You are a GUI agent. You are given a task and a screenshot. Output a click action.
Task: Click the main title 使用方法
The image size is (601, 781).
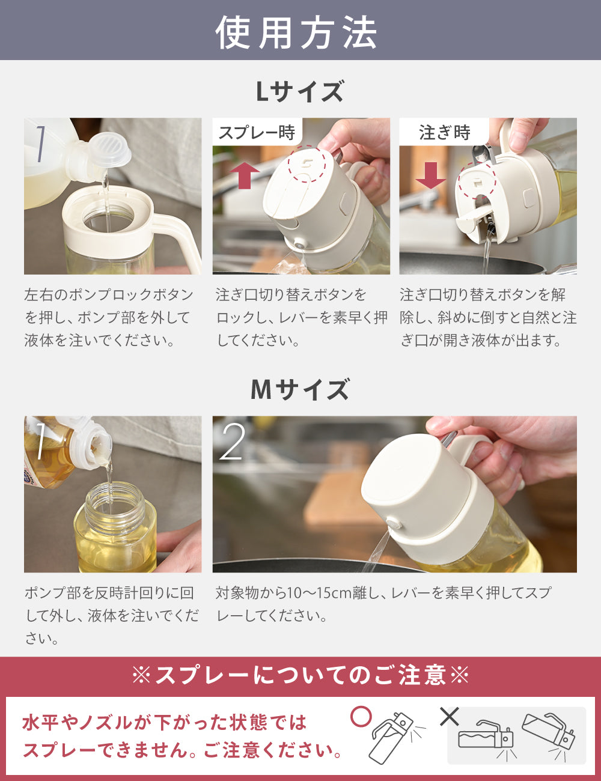click(x=296, y=32)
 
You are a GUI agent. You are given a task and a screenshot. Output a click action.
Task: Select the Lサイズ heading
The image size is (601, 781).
click(x=300, y=91)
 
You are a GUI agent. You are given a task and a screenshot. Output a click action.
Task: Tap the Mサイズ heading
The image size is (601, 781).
click(x=300, y=390)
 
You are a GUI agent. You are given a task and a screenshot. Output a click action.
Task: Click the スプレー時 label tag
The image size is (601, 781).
click(x=257, y=132)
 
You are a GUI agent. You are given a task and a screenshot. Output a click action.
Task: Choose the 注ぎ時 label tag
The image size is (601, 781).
click(x=445, y=132)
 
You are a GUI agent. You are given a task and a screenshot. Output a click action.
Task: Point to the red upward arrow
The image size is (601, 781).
click(x=245, y=176)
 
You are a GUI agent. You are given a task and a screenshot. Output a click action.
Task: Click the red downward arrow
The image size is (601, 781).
click(x=431, y=175)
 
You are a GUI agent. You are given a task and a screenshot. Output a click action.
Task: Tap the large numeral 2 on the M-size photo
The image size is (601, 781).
click(x=232, y=442)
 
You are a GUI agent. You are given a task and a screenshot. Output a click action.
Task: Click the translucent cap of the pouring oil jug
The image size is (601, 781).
click(x=111, y=150)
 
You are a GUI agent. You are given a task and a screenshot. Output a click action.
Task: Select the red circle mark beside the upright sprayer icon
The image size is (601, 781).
click(x=361, y=717)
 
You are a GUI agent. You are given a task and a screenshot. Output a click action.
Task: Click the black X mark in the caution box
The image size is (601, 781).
click(x=450, y=717)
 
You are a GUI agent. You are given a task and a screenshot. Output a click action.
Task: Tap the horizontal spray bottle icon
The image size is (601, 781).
click(x=486, y=740)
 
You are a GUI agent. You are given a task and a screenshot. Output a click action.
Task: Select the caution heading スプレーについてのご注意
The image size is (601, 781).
click(x=300, y=675)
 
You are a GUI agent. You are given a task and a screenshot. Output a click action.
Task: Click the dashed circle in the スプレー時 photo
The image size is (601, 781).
click(x=307, y=164)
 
